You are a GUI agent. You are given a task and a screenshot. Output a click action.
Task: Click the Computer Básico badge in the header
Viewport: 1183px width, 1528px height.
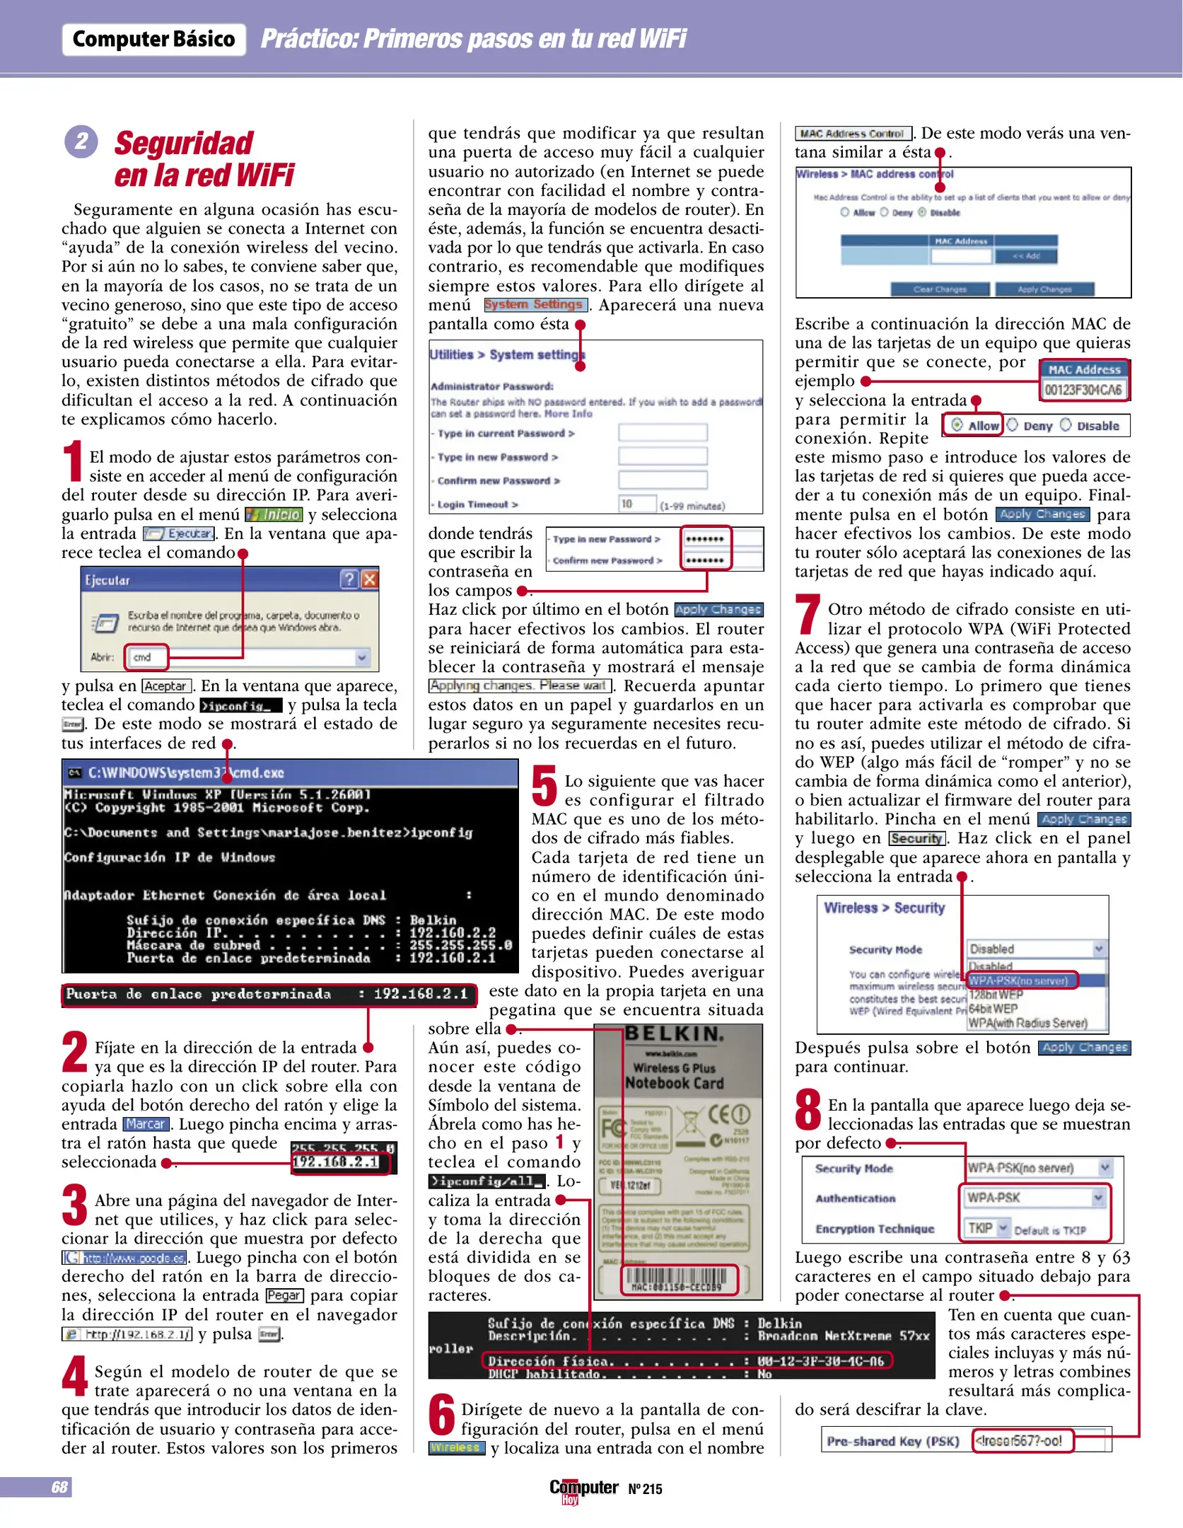point(154,40)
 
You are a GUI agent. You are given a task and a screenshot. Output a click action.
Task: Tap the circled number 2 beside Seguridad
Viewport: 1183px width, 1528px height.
point(81,141)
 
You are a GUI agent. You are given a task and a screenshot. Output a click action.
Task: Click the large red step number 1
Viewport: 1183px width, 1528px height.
point(73,461)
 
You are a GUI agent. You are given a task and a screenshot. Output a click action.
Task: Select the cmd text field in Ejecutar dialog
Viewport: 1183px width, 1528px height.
point(147,657)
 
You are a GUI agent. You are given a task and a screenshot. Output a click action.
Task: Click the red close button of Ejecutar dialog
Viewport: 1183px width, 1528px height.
point(370,580)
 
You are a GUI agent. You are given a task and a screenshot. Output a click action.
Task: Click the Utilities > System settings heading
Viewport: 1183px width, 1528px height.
point(507,354)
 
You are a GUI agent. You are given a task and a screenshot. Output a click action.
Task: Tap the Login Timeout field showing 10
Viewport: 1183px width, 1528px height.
point(636,504)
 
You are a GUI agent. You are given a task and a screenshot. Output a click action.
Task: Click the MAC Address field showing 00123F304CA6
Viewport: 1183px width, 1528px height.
point(1083,390)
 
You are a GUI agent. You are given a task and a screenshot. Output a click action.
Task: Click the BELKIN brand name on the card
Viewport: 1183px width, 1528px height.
point(675,1034)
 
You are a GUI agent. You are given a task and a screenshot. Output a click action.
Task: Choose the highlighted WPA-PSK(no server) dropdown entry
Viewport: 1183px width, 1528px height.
point(1022,980)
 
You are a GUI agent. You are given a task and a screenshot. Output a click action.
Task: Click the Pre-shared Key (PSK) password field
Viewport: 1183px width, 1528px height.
point(1022,1440)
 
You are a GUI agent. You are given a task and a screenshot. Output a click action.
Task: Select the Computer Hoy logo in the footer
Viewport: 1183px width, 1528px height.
point(583,1490)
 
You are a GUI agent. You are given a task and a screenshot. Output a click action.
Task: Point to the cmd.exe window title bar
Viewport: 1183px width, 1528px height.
point(290,772)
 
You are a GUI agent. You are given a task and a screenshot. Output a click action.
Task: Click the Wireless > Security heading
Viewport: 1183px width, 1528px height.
point(884,908)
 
